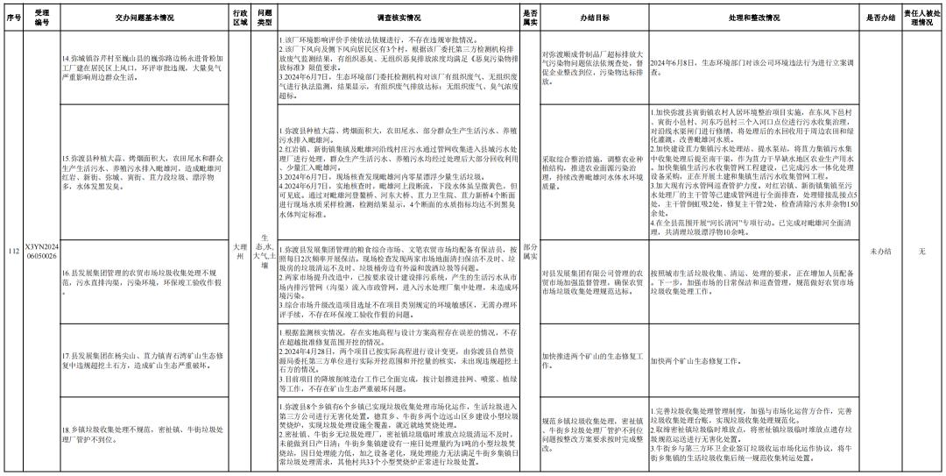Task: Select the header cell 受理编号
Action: pyautogui.click(x=41, y=16)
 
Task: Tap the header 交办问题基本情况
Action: pyautogui.click(x=143, y=16)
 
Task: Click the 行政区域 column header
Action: pyautogui.click(x=240, y=16)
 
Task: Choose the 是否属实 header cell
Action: pyautogui.click(x=530, y=16)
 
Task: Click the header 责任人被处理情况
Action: pyautogui.click(x=922, y=16)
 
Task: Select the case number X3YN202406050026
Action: pyautogui.click(x=41, y=252)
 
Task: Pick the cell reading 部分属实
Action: pyautogui.click(x=530, y=252)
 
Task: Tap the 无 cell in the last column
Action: pyautogui.click(x=922, y=252)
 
